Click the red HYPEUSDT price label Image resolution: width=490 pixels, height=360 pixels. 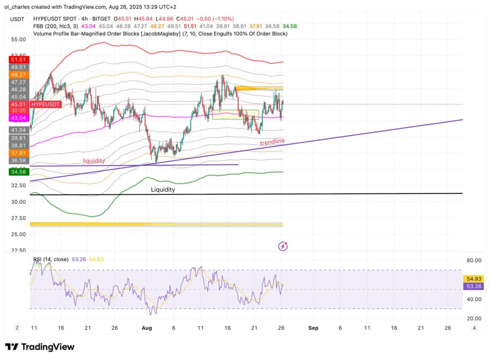(46, 104)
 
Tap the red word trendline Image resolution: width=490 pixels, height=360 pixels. (272, 142)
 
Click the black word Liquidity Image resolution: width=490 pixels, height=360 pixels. (163, 190)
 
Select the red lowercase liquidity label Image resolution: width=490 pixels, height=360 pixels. (94, 161)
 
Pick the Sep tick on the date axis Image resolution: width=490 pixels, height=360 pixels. (313, 328)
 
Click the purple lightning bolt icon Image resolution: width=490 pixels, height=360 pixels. (283, 247)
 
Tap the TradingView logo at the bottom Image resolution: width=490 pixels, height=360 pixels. (40, 347)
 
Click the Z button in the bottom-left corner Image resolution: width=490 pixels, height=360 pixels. (17, 328)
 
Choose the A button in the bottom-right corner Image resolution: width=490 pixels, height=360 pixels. (474, 328)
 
